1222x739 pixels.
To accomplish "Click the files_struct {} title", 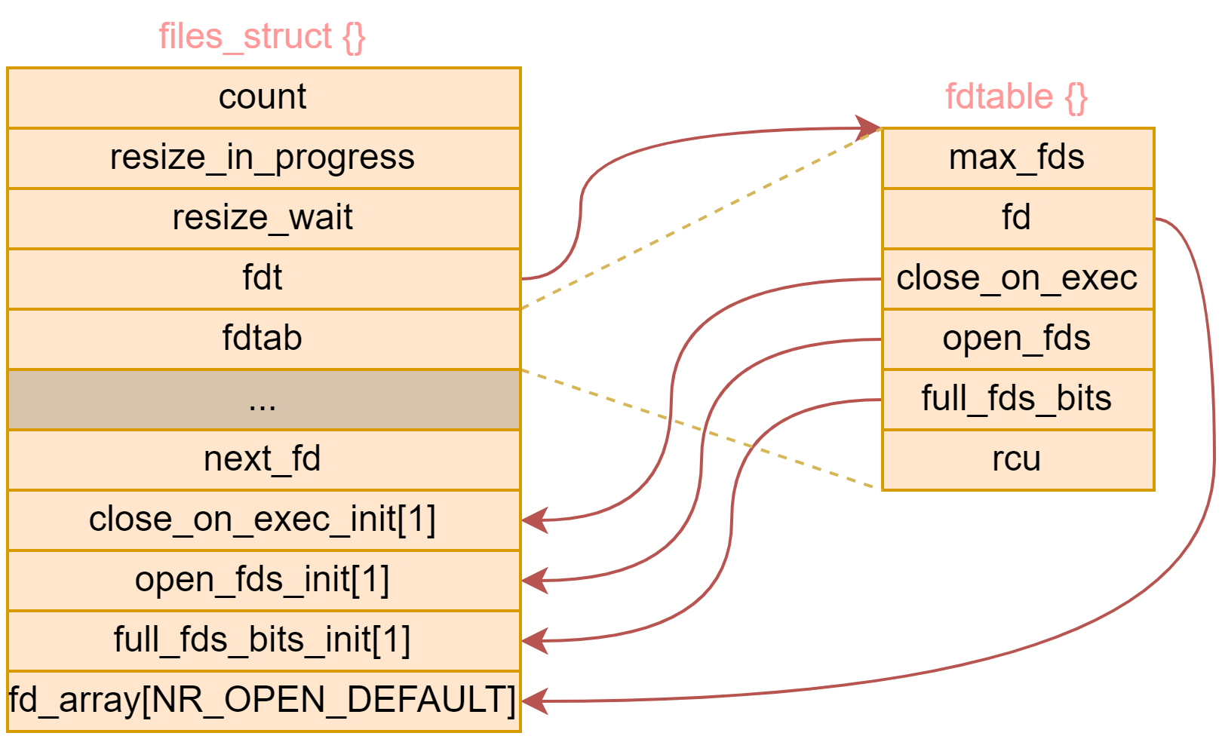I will (x=262, y=36).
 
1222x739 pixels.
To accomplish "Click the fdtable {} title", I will (x=1016, y=97).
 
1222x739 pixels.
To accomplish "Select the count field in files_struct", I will (x=263, y=97).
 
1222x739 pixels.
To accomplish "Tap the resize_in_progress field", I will (x=263, y=158).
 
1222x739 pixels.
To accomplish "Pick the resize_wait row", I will (x=263, y=218).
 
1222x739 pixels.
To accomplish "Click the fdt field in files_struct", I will (x=263, y=278).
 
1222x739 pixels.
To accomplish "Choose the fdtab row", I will (x=263, y=339).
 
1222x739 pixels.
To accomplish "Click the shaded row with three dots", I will (x=263, y=400).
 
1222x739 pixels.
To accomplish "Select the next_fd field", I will (x=263, y=459).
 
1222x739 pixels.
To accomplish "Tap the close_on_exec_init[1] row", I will (x=263, y=520).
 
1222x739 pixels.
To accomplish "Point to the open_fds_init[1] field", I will (x=263, y=580).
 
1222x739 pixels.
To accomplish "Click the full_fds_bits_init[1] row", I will (x=263, y=640).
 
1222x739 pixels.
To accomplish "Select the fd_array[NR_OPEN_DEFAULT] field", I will (x=263, y=701).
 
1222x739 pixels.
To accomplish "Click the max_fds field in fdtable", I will (x=1017, y=158).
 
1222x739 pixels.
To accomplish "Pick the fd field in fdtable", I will (x=1017, y=218).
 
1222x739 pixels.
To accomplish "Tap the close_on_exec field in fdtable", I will (x=1017, y=278).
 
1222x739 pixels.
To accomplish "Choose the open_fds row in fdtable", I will (x=1017, y=339).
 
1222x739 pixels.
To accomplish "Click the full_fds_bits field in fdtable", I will (x=1017, y=399).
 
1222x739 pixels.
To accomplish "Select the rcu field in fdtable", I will (x=1017, y=459).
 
